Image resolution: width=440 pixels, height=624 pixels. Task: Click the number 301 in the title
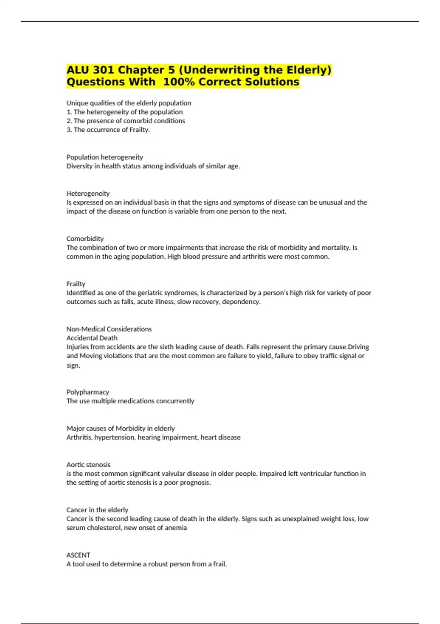[103, 70]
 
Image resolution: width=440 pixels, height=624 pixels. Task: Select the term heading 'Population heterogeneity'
[104, 157]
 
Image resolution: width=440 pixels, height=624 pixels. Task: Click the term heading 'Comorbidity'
[85, 239]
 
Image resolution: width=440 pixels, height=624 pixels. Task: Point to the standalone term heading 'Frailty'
[76, 284]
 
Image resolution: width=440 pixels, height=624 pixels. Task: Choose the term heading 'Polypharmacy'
[88, 392]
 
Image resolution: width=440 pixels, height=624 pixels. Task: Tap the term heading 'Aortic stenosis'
[88, 465]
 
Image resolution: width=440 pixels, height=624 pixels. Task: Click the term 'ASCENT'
[78, 555]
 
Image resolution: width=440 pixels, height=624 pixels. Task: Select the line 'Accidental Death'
[92, 338]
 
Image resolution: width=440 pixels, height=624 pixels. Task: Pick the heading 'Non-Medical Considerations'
[109, 329]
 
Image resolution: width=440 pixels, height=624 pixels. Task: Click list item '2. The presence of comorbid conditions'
[126, 121]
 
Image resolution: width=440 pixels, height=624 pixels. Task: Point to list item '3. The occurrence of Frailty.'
[108, 130]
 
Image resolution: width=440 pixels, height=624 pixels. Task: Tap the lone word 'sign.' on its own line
[73, 365]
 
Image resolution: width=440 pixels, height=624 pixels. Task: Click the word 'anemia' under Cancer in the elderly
[177, 528]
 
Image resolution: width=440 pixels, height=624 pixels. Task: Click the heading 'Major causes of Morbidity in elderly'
[121, 428]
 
